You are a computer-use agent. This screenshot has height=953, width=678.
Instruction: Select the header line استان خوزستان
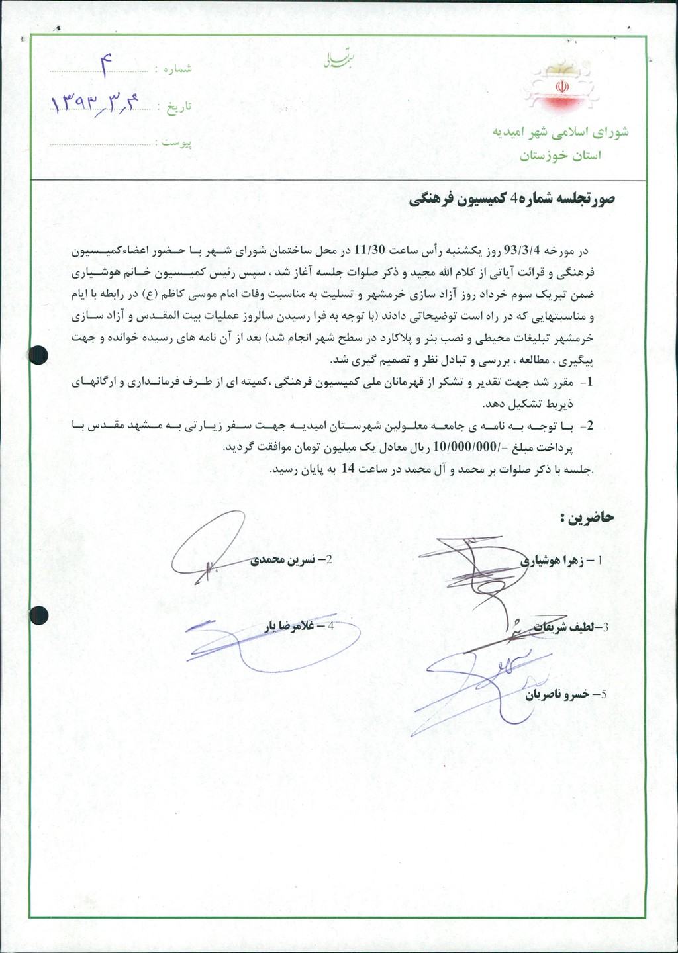pyautogui.click(x=560, y=156)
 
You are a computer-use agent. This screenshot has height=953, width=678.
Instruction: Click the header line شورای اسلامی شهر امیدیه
pyautogui.click(x=560, y=132)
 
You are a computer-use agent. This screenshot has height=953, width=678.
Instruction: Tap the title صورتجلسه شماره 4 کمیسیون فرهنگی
pyautogui.click(x=512, y=199)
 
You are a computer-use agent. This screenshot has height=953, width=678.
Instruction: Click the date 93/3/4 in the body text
pyautogui.click(x=523, y=250)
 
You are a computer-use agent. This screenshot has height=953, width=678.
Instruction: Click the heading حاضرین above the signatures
pyautogui.click(x=587, y=517)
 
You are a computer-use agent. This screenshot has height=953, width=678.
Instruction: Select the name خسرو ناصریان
pyautogui.click(x=557, y=694)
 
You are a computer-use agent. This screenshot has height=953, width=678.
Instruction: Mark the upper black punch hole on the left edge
pyautogui.click(x=40, y=355)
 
